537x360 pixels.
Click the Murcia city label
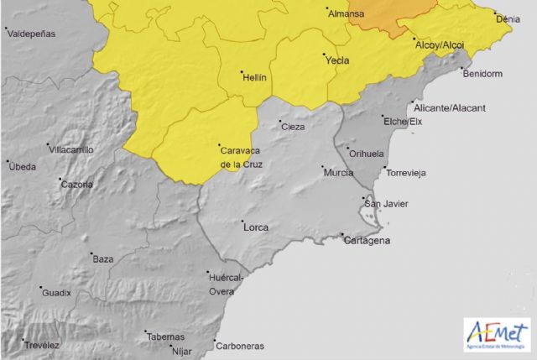[x=337, y=172]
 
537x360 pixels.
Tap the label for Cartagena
[x=368, y=241]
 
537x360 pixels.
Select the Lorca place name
[x=255, y=227]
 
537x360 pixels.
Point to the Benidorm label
[x=482, y=73]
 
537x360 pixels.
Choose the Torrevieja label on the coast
[x=406, y=173]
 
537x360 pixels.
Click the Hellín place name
[x=254, y=76]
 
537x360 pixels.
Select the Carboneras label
[x=239, y=346]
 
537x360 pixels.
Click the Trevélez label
[x=42, y=345]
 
